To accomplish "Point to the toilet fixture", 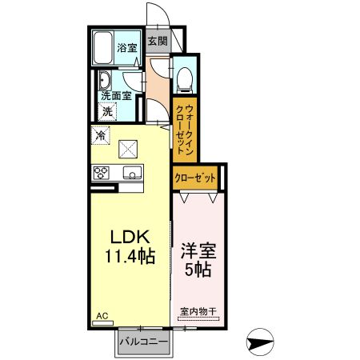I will [183, 78].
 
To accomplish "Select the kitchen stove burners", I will [102, 172].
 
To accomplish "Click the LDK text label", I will [129, 238].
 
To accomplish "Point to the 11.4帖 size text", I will [129, 257].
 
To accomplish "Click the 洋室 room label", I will [199, 250].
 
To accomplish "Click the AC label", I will [102, 318].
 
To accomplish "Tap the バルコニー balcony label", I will [143, 342].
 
